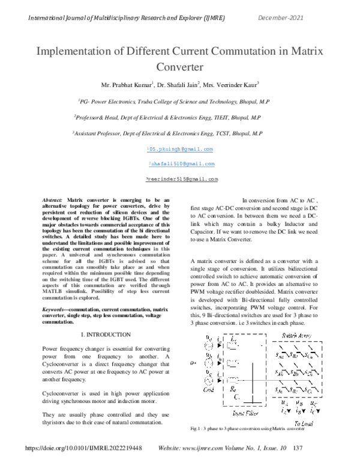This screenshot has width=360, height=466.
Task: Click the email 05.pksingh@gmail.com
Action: pyautogui.click(x=181, y=149)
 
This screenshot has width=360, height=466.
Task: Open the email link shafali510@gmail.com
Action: pyautogui.click(x=181, y=163)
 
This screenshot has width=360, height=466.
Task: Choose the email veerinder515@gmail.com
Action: pyautogui.click(x=181, y=179)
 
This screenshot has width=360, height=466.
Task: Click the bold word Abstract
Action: pyautogui.click(x=53, y=199)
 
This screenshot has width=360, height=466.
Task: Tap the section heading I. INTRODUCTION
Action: pyautogui.click(x=106, y=334)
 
